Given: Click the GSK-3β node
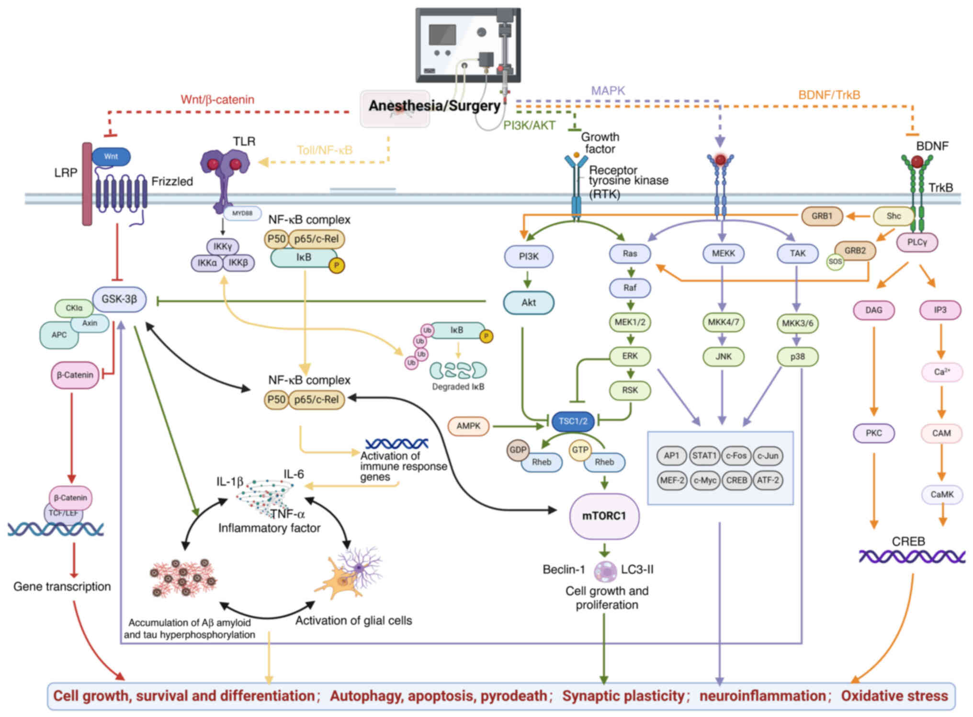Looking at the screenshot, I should click(x=119, y=299).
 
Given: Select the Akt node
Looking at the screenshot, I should click(x=529, y=303).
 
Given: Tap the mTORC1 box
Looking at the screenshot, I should click(x=604, y=516).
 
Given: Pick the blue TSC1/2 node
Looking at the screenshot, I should click(x=573, y=421).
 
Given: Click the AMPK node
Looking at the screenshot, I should click(x=468, y=426).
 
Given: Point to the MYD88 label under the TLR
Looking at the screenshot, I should click(x=242, y=213).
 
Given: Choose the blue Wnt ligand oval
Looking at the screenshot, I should click(x=111, y=157).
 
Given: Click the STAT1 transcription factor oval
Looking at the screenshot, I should click(x=703, y=455).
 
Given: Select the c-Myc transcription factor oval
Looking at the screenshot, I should click(x=705, y=480).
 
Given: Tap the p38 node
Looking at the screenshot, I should click(x=797, y=357).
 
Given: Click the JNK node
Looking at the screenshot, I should click(x=723, y=357).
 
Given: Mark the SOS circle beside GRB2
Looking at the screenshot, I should click(x=835, y=262).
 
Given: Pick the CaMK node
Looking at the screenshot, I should click(x=942, y=494).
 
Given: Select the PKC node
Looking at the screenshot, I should click(x=873, y=433).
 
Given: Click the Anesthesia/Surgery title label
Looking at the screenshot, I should click(x=434, y=105).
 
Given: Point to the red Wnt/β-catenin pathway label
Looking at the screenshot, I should click(x=217, y=100).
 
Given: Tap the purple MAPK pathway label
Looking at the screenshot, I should click(x=608, y=91).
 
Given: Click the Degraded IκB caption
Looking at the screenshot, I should click(x=458, y=387).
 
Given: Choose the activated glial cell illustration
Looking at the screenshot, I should click(x=350, y=573).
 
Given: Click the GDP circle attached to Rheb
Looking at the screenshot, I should click(x=518, y=450).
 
